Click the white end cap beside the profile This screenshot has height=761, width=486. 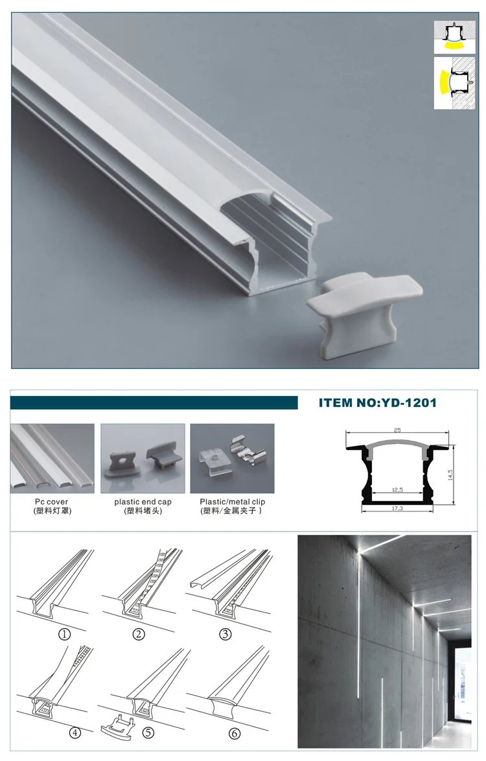(364, 311)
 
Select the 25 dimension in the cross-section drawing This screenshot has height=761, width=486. (397, 430)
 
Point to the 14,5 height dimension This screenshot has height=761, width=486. (450, 474)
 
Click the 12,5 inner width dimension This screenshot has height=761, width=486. (397, 489)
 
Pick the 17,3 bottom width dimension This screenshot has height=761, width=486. (397, 508)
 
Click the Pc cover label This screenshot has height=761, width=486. (51, 501)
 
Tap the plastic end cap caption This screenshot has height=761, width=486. (143, 501)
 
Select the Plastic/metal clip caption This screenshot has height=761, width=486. (233, 501)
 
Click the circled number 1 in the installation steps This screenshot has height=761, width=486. (65, 635)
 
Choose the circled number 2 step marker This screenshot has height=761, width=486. (139, 635)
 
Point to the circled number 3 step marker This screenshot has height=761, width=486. (225, 635)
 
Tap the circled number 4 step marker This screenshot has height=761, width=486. (75, 733)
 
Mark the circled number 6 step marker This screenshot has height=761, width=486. (235, 733)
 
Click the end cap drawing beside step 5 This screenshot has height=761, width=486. (117, 726)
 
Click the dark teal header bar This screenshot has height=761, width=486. (154, 403)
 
